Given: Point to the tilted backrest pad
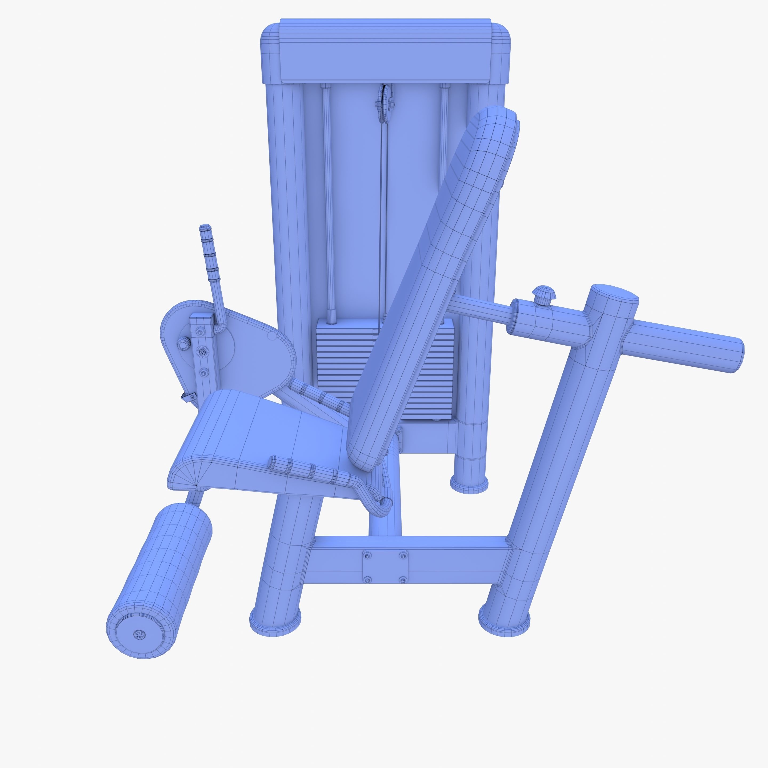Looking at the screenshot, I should click(x=433, y=286).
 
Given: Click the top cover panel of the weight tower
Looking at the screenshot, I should click(x=385, y=52).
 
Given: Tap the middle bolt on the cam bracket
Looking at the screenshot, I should click(x=202, y=351).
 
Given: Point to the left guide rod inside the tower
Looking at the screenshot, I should click(x=328, y=199).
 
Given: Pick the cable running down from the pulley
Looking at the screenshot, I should click(x=382, y=219).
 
